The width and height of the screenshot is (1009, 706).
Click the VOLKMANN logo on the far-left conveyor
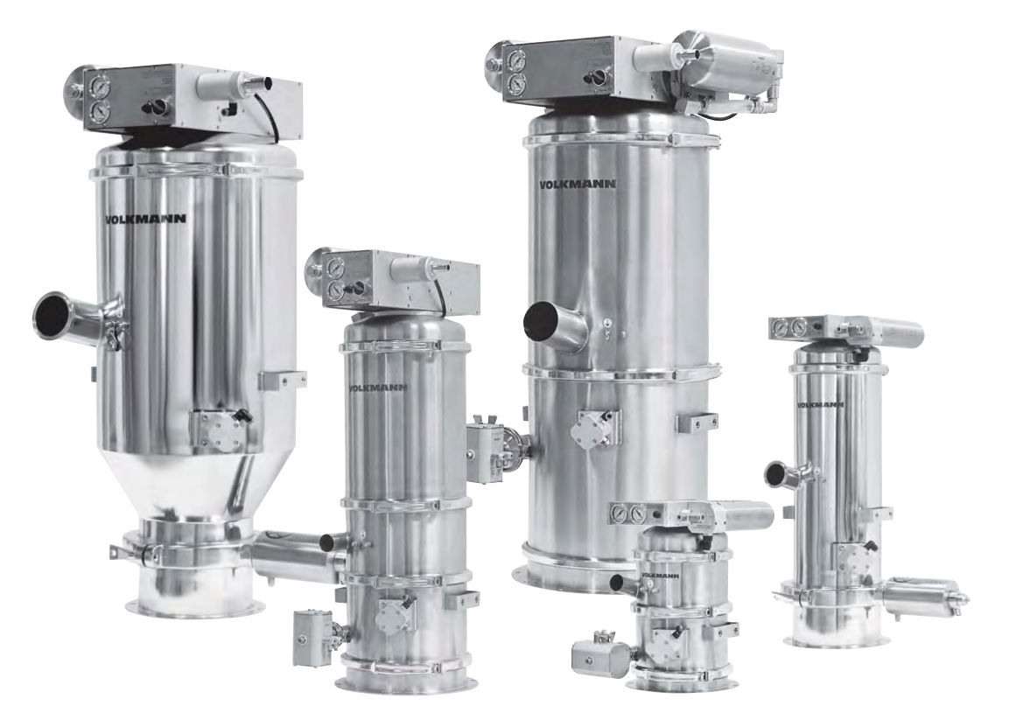point(145,220)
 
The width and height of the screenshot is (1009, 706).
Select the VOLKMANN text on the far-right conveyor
point(820,405)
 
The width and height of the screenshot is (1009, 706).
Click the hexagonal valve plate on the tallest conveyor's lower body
point(595,430)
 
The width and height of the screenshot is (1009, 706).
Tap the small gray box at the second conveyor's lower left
point(313,627)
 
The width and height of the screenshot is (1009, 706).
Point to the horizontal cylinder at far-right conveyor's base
point(918,596)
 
